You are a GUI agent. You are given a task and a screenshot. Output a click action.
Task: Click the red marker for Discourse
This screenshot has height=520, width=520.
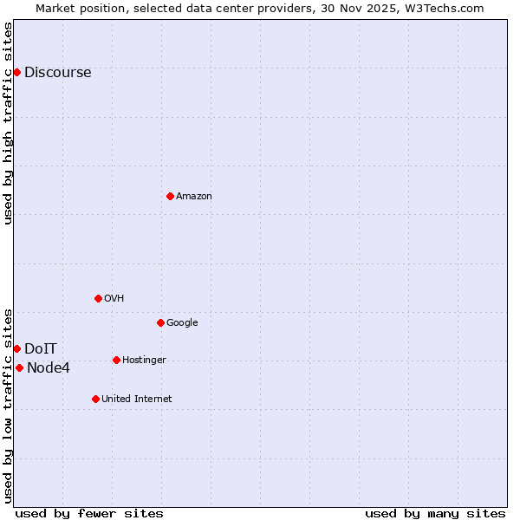16,72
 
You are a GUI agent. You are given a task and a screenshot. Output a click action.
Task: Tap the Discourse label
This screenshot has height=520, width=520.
57,73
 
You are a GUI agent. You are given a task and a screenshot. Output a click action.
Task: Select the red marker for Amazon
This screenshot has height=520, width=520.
170,196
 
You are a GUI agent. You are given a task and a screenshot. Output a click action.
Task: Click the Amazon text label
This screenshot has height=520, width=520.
194,197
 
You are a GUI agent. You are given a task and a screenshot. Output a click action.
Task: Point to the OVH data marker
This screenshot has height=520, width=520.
98,298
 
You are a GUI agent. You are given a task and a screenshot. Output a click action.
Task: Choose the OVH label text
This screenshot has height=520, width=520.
114,299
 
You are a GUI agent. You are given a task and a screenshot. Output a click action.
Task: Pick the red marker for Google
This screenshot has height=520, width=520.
160,322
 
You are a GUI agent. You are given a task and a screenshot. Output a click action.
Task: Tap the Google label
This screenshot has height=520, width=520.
182,323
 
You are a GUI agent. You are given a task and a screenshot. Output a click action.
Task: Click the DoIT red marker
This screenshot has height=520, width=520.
16,348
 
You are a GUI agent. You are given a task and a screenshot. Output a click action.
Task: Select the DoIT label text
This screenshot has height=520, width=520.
41,349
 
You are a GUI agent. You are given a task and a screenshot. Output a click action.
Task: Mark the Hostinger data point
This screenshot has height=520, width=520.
116,360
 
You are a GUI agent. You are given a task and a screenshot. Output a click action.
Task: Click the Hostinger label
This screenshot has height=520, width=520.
144,361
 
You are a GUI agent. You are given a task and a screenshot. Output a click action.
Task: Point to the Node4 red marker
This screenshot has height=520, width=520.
19,367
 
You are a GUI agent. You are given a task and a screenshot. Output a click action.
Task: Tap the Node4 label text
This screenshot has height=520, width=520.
49,368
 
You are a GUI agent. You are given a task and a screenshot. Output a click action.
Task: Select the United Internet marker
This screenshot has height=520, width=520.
95,399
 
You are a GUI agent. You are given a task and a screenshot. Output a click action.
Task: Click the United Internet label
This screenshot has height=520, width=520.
136,400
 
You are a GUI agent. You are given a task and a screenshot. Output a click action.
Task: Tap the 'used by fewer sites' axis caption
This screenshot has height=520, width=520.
89,513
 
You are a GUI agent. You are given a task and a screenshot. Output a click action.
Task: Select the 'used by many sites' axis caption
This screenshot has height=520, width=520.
435,513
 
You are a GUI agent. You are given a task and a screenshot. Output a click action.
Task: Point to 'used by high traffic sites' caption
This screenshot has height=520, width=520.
9,123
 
